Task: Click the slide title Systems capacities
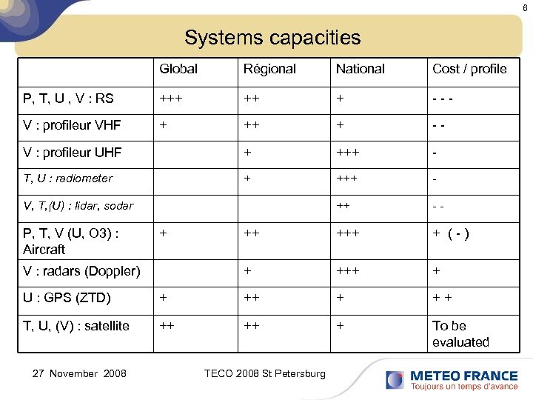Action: (x=272, y=37)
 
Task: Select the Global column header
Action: (x=178, y=69)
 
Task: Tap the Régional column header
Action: (x=269, y=69)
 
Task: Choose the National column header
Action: (x=361, y=69)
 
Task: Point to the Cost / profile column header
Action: (x=469, y=69)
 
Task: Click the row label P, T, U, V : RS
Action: (x=69, y=97)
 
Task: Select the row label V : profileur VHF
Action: (x=72, y=124)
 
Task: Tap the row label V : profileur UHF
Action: (x=72, y=153)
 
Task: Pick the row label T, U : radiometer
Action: (x=68, y=179)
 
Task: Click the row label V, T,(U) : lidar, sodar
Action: (x=78, y=205)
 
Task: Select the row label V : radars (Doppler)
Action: (x=81, y=271)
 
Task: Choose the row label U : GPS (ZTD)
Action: (x=67, y=299)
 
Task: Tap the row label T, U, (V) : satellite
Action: (x=76, y=326)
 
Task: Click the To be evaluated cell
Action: (x=460, y=334)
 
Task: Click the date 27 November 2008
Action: (x=79, y=373)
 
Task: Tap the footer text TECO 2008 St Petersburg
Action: (x=264, y=373)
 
